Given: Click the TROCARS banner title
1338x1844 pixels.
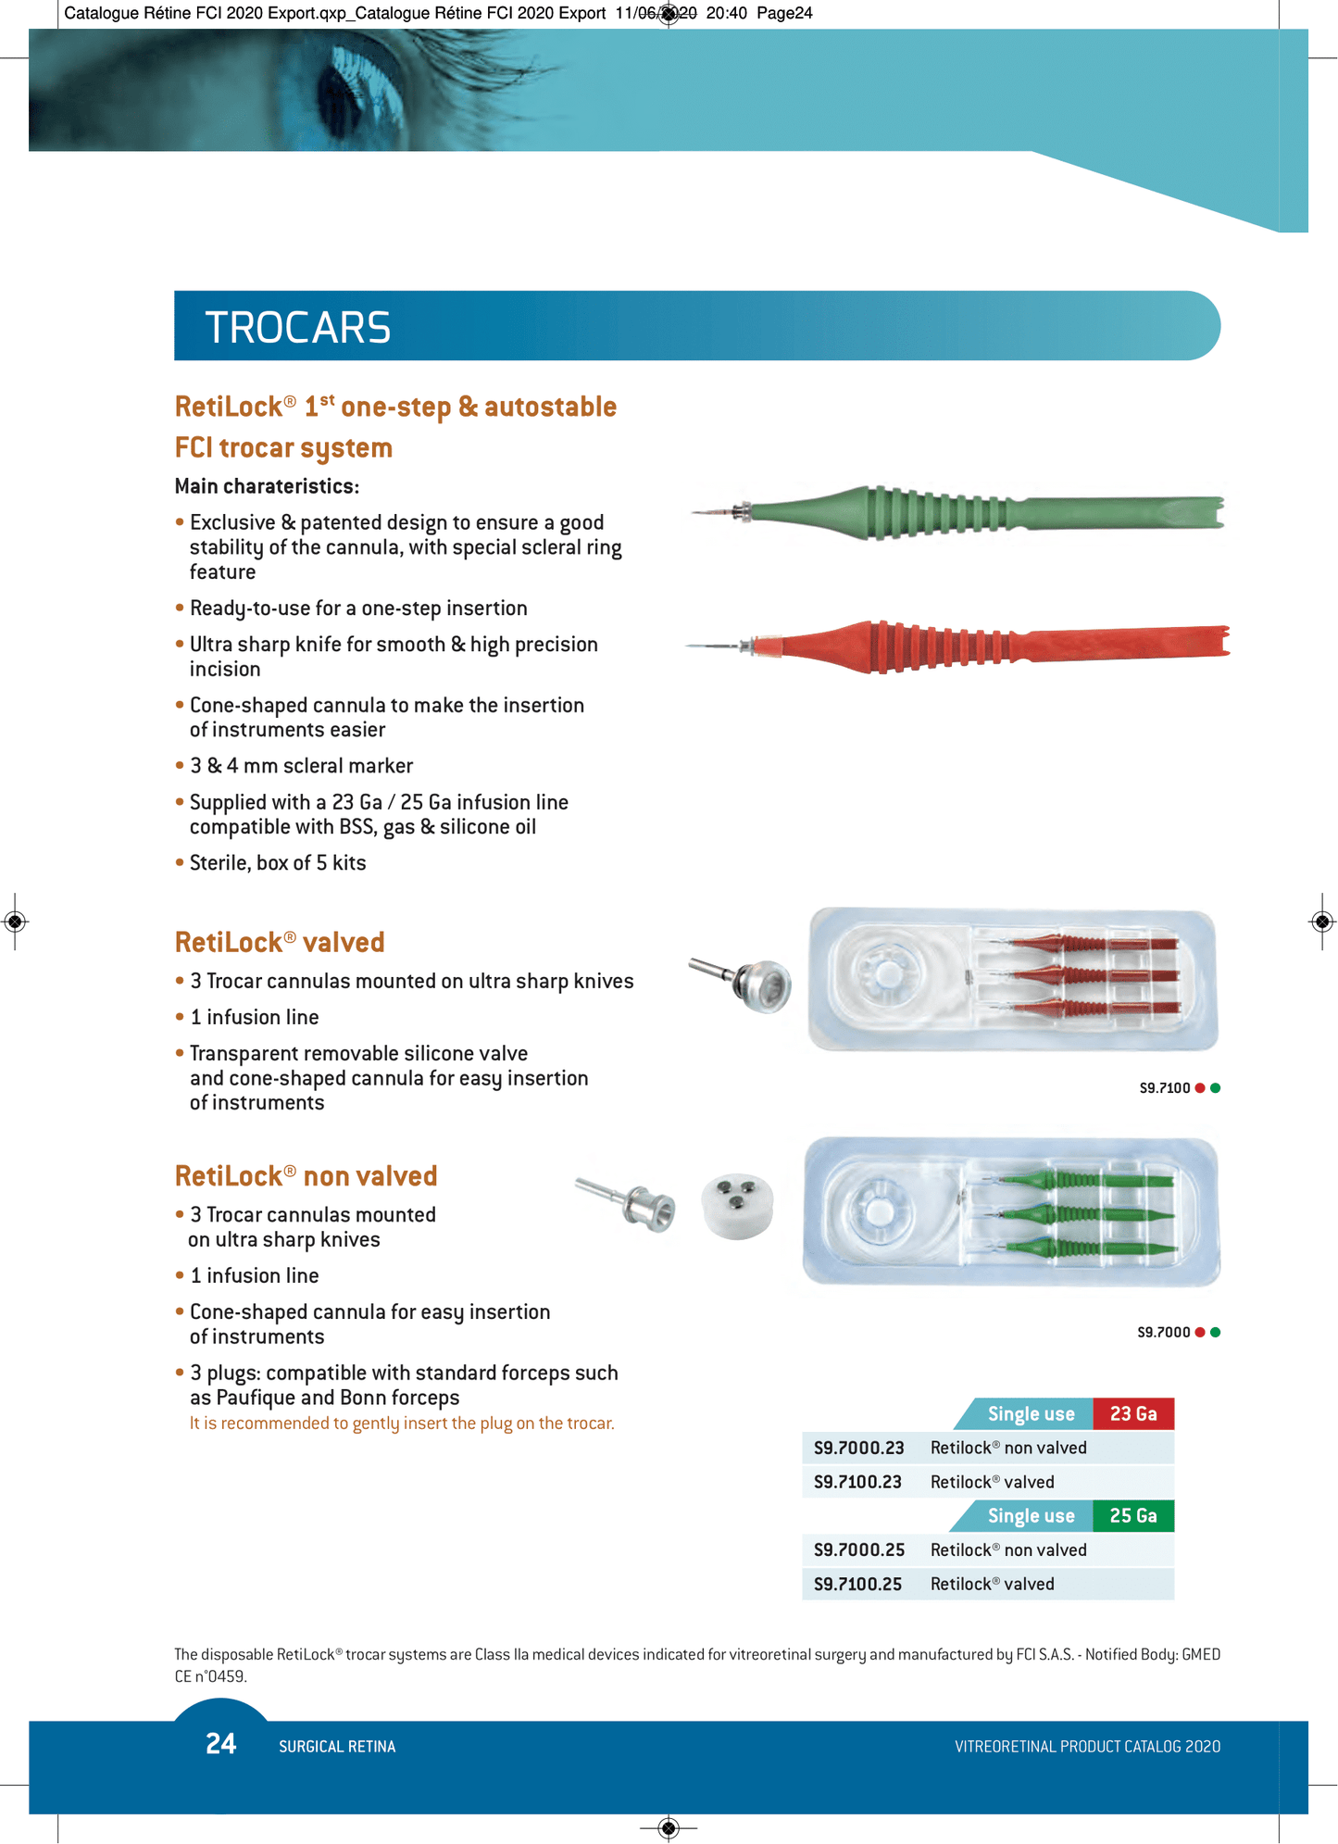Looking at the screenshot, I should tap(297, 328).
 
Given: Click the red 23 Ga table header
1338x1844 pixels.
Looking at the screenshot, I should tap(1132, 1414).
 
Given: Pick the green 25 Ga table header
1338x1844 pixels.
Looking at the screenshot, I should tap(1132, 1516).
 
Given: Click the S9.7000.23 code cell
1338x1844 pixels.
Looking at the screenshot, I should tap(858, 1449).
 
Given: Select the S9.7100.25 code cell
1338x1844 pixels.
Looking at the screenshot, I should tap(857, 1585).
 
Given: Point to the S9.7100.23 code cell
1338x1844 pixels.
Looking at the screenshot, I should tap(857, 1483).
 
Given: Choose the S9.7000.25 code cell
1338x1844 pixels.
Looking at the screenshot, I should tap(858, 1550).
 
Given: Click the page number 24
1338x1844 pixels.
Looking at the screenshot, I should tap(221, 1744).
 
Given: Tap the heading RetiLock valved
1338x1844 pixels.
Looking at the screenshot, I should tap(280, 943).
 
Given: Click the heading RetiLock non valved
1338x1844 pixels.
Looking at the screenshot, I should tap(306, 1176).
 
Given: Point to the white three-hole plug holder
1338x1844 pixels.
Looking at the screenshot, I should tap(737, 1206).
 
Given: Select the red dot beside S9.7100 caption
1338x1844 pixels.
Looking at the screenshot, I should tap(1200, 1088).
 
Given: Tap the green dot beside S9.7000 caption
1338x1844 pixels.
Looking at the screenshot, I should tap(1216, 1333).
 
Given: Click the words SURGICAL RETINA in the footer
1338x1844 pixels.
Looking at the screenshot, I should tap(337, 1747).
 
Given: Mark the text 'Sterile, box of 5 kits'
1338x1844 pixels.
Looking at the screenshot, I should tap(278, 863).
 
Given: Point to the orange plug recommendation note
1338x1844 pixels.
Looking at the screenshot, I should tap(402, 1424).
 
